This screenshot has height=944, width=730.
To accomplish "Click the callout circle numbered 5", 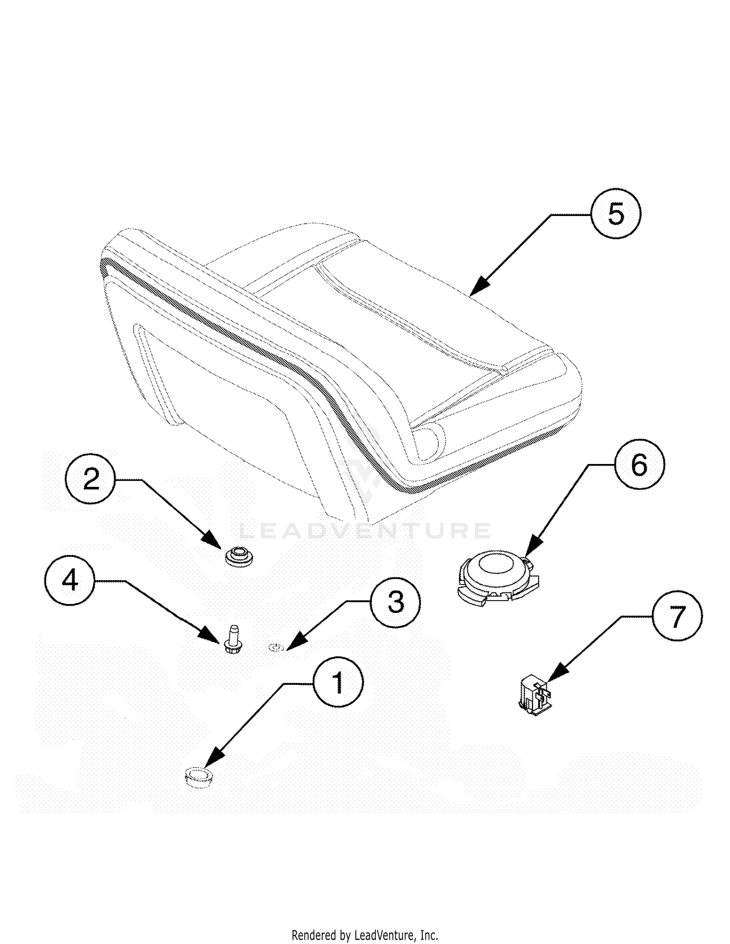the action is coord(616,214).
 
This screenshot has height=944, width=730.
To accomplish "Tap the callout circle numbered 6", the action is coord(639,465).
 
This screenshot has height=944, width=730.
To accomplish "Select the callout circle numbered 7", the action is coord(677,616).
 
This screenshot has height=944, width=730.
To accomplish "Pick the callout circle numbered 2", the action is coord(91,480).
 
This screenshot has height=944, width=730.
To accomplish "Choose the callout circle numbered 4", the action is coord(70,580).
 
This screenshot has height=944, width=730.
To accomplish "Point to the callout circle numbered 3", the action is coord(395,602).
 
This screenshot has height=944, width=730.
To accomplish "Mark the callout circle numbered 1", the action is coord(338,682).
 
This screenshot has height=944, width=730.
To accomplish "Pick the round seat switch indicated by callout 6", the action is coord(496,579).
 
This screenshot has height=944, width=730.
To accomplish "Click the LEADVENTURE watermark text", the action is coord(365,531).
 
